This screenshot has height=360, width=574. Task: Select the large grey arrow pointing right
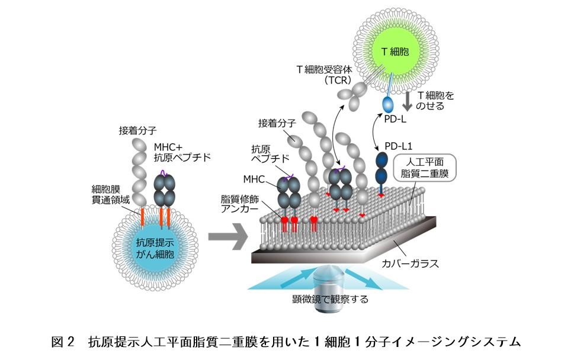(x=227, y=240)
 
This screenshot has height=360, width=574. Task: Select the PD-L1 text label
(x=397, y=146)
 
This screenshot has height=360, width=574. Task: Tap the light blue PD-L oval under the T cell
(x=388, y=104)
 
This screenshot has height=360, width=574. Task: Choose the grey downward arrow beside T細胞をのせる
(x=408, y=101)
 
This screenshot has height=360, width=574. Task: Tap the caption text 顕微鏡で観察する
(x=330, y=299)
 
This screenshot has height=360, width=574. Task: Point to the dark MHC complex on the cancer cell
(x=165, y=189)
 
